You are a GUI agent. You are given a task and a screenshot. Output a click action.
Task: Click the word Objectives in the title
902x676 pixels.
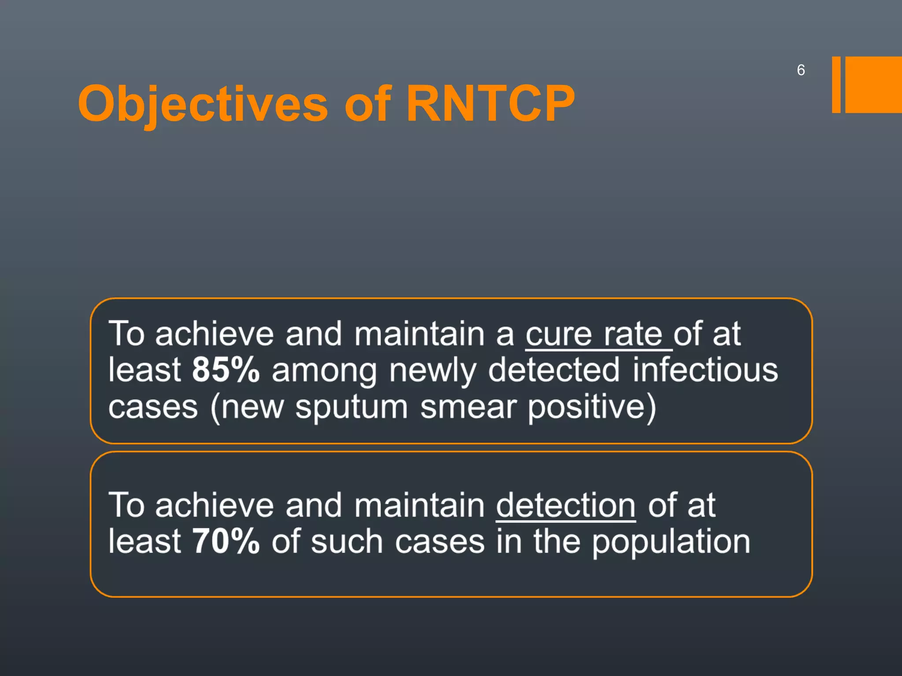point(203,104)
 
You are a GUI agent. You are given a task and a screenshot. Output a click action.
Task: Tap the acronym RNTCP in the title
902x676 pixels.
point(490,104)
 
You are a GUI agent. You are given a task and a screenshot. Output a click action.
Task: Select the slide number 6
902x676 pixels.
point(801,70)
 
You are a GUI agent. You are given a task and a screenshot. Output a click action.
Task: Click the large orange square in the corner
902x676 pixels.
point(873,84)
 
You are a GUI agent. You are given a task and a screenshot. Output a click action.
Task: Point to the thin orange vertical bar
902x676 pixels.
point(836,84)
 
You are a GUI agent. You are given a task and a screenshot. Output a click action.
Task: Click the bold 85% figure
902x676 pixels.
point(226,370)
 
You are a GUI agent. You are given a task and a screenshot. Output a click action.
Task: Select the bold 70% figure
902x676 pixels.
point(226,541)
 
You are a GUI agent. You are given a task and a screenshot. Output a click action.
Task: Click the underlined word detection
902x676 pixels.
point(566,506)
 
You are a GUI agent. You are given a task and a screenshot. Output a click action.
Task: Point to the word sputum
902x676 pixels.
point(351,408)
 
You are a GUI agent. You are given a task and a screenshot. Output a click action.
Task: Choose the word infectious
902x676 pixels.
point(705,370)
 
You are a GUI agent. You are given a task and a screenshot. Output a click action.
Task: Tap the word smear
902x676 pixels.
point(468,407)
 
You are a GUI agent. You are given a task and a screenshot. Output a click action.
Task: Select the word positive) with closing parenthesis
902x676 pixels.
point(591,408)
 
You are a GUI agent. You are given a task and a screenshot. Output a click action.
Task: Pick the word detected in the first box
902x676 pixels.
point(554,370)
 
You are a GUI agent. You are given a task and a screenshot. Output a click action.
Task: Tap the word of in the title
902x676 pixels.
point(368,104)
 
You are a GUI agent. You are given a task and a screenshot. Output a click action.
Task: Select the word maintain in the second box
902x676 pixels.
point(419,506)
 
